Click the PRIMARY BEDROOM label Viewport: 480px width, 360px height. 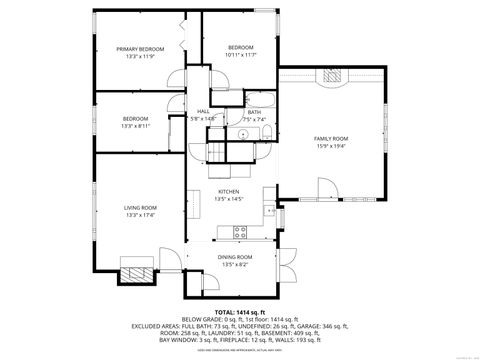pyautogui.click(x=139, y=49)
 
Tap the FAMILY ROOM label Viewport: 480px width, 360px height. pyautogui.click(x=330, y=138)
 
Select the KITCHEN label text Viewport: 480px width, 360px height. pyautogui.click(x=229, y=191)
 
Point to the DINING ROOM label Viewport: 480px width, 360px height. pyautogui.click(x=235, y=257)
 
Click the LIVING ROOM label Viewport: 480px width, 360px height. pyautogui.click(x=139, y=208)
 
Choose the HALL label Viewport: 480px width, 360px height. pyautogui.click(x=203, y=111)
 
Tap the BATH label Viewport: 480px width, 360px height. pyautogui.click(x=254, y=111)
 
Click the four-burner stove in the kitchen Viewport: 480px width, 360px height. pyautogui.click(x=240, y=232)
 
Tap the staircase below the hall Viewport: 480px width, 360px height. pyautogui.click(x=215, y=151)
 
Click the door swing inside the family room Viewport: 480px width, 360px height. pyautogui.click(x=327, y=187)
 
